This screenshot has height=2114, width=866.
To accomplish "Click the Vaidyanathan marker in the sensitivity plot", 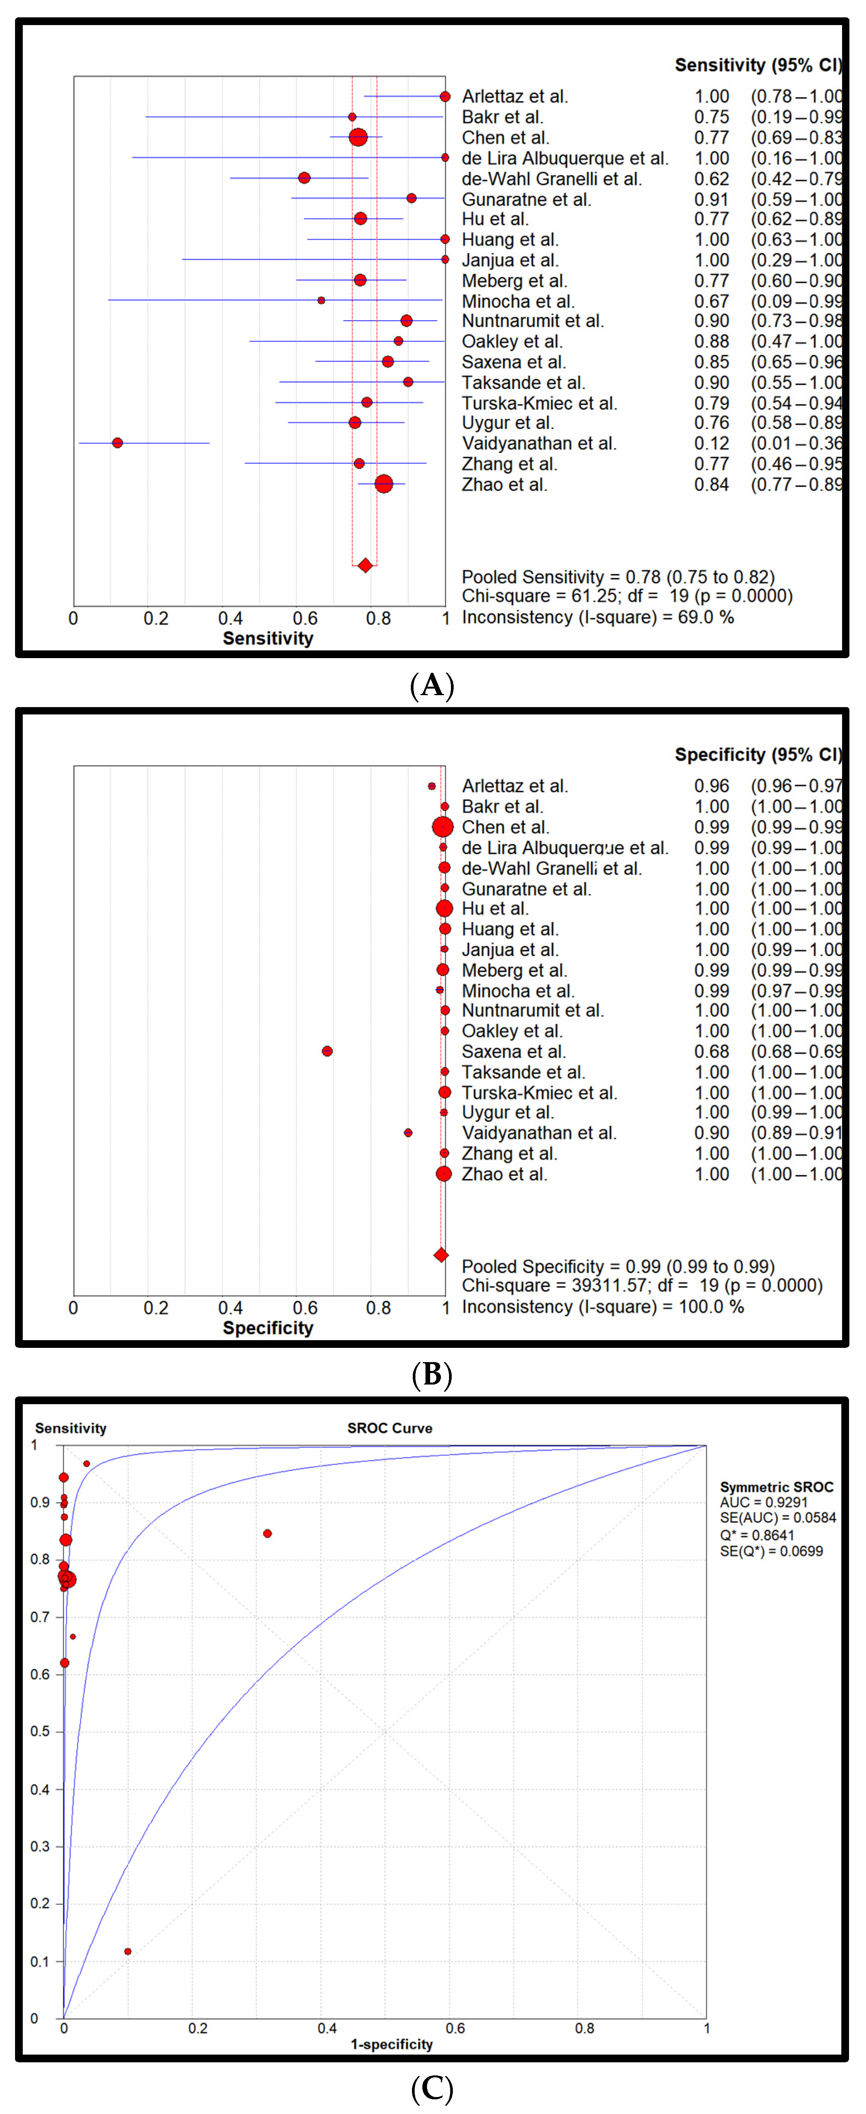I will pos(117,443).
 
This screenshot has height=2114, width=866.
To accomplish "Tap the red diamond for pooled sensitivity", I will pos(365,566).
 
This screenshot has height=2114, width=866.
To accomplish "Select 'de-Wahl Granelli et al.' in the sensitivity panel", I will pos(552,179).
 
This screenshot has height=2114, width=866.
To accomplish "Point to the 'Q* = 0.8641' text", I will pos(757,1535).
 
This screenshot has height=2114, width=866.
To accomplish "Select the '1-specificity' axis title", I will pos(392,2044).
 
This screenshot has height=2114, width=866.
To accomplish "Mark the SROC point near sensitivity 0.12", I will pos(127,1952).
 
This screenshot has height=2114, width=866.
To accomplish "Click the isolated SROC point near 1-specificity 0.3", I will pos(268,1534).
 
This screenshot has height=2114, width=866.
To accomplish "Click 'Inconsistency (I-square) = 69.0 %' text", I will pos(598,617).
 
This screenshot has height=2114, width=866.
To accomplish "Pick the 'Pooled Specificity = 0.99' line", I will pos(617,1266).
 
